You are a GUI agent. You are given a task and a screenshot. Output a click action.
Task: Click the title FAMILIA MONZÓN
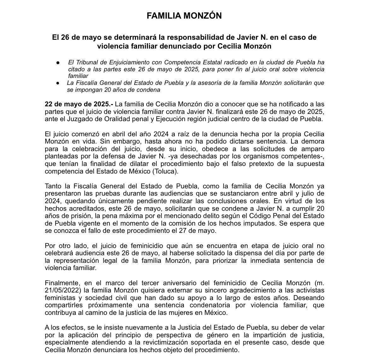click(x=184, y=16)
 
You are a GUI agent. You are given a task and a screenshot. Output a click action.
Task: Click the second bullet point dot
click(x=58, y=83)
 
